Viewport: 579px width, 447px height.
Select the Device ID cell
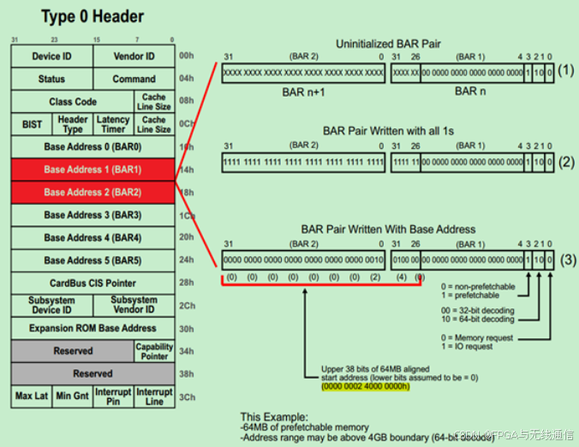click(x=51, y=57)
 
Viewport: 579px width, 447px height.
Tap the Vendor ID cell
click(x=134, y=57)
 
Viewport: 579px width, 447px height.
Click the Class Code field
click(x=72, y=102)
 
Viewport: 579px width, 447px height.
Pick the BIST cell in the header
click(x=32, y=124)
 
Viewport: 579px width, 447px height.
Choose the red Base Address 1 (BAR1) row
click(x=93, y=170)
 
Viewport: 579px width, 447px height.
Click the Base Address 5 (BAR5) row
click(x=93, y=260)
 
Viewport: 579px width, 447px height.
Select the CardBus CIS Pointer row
click(x=93, y=283)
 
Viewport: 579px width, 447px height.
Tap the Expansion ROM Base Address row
click(x=93, y=328)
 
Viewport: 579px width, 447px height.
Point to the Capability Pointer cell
click(x=154, y=351)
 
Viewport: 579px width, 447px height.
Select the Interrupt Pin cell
click(x=113, y=396)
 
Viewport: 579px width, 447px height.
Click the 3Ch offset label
click(x=187, y=396)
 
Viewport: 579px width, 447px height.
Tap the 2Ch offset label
click(x=187, y=306)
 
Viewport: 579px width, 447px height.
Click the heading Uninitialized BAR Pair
click(x=389, y=43)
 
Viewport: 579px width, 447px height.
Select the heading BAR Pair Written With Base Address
click(x=388, y=229)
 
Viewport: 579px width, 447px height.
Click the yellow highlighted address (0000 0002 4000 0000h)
click(x=365, y=386)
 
